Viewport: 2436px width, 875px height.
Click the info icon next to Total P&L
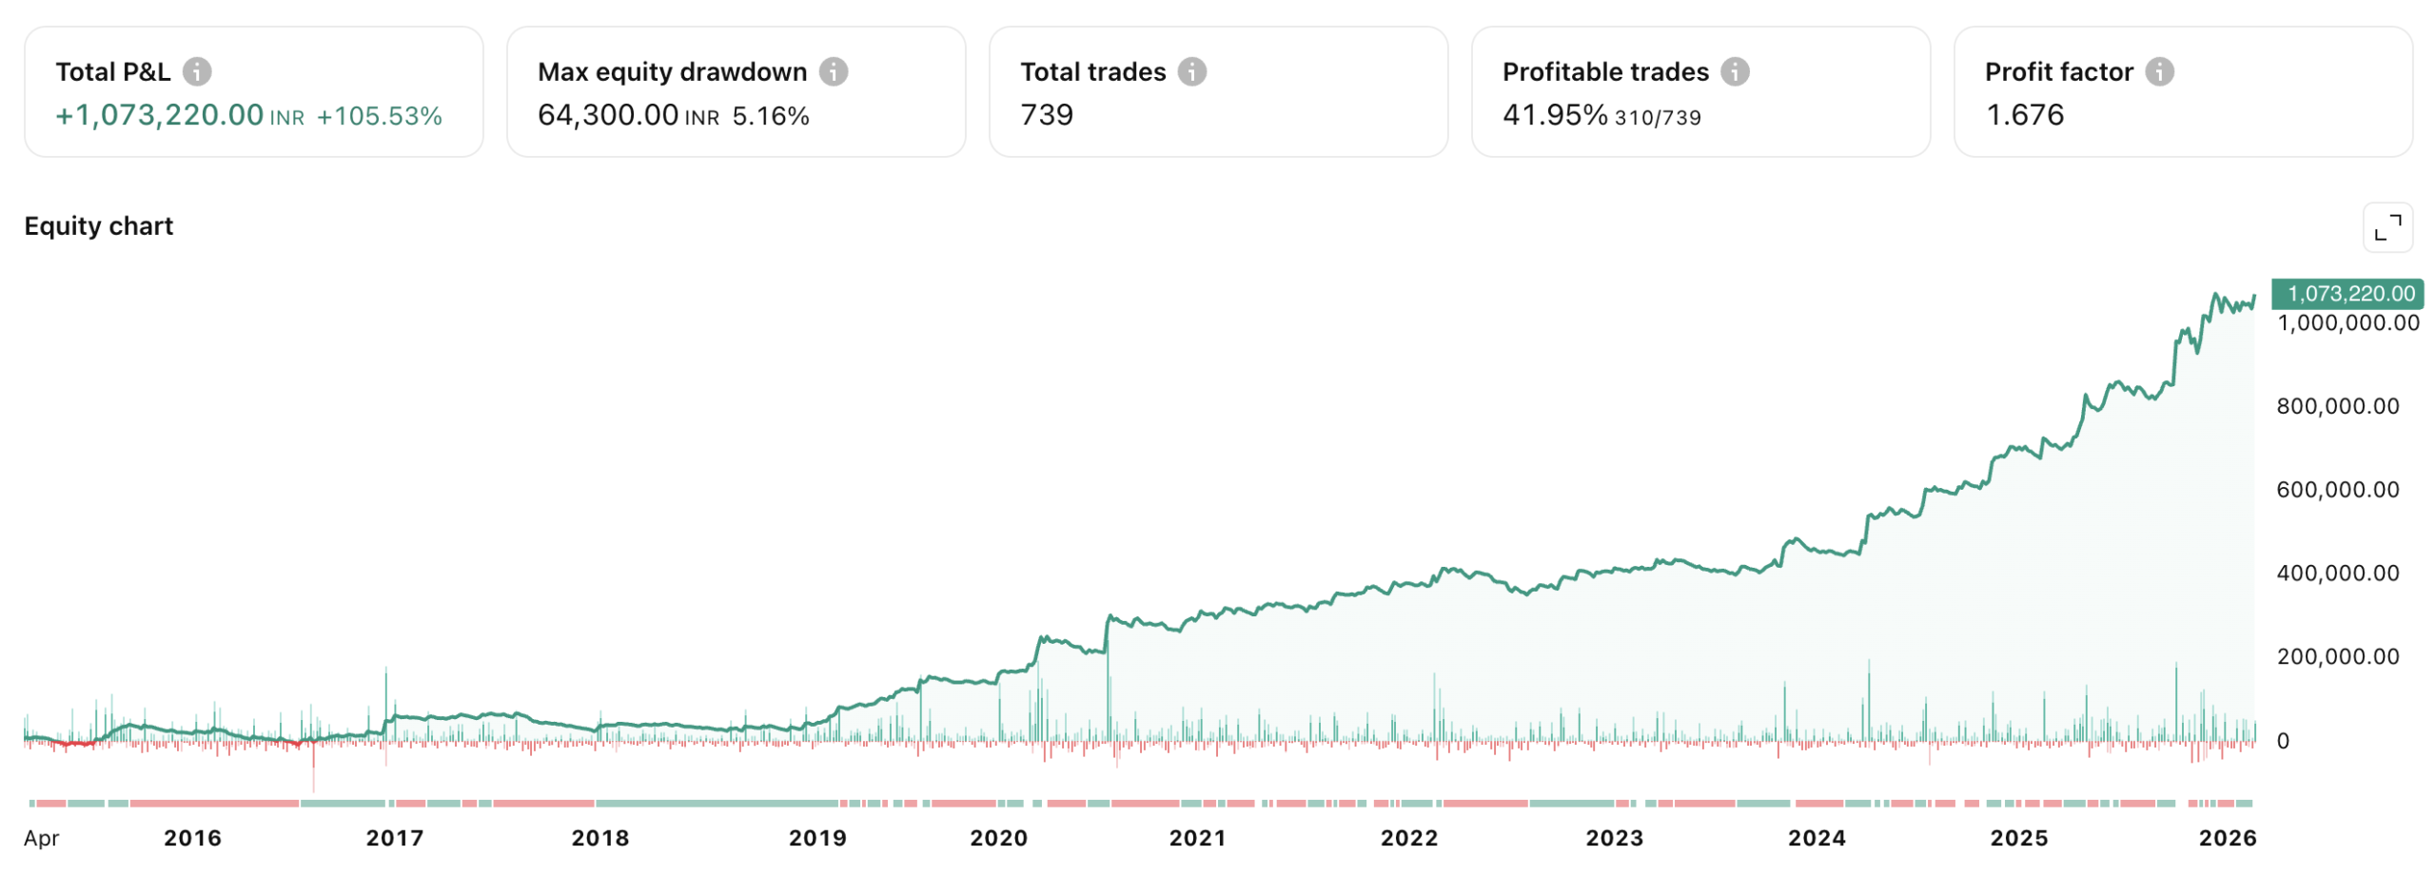tap(197, 71)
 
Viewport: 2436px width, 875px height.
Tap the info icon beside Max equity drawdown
tap(833, 71)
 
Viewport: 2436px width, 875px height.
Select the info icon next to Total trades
tap(1191, 71)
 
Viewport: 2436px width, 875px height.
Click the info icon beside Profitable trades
tap(1734, 71)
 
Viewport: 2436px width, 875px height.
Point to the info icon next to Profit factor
tap(2158, 71)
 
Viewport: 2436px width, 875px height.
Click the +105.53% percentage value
tap(379, 116)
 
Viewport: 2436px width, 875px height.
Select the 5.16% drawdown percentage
tap(770, 116)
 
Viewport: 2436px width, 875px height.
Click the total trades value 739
tap(1046, 115)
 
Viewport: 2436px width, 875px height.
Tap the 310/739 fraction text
tap(1657, 118)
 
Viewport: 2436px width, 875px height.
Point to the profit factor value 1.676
tap(2024, 115)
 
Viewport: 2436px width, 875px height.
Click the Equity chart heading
tap(99, 225)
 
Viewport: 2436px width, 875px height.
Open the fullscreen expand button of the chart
tap(2387, 227)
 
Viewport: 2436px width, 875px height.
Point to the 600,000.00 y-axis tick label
tap(2337, 489)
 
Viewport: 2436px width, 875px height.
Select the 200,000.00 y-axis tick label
tap(2337, 655)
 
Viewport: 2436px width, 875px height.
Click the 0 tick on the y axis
tap(2282, 741)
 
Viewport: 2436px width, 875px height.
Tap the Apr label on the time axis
tap(42, 838)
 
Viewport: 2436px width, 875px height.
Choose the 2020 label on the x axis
tap(998, 838)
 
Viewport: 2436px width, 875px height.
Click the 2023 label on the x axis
tap(1614, 838)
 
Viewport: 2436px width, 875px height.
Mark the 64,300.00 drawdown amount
tap(607, 115)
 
